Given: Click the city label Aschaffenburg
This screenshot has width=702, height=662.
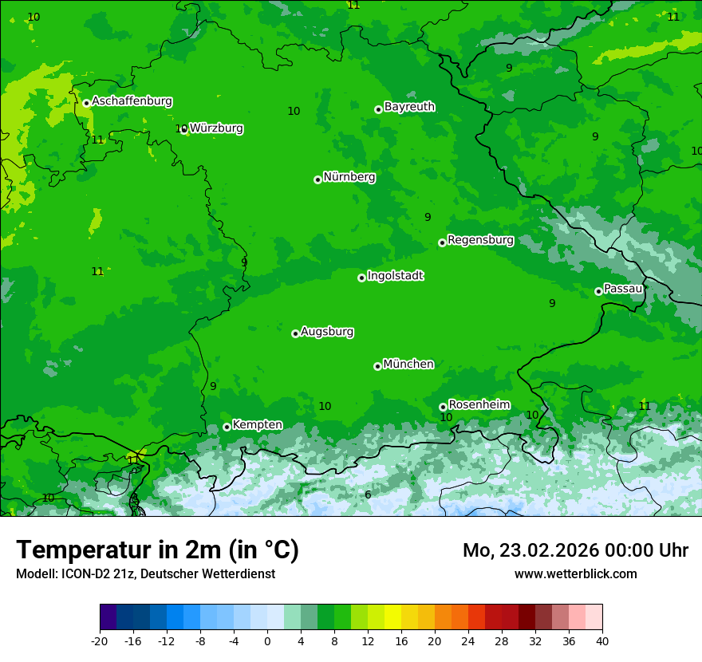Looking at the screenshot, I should click(x=132, y=101).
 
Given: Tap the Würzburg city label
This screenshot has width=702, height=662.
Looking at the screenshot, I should click(x=216, y=128).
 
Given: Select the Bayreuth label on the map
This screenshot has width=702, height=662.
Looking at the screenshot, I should click(x=409, y=106).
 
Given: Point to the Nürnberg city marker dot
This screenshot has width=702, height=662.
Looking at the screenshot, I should click(x=317, y=179).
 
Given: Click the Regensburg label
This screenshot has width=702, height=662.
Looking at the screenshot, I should click(x=480, y=239).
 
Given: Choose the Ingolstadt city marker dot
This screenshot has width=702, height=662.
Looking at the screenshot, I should click(x=361, y=278).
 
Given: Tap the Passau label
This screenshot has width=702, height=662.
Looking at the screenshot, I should click(x=623, y=288).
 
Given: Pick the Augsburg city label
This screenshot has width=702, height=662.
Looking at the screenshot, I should click(x=327, y=331).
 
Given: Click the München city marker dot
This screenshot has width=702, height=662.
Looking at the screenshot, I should click(x=377, y=366).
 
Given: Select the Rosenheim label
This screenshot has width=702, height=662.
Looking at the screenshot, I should click(x=479, y=404).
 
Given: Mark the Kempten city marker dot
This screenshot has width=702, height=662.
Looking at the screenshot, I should click(x=227, y=427).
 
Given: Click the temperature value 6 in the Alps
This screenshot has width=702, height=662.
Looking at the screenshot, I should click(x=368, y=495).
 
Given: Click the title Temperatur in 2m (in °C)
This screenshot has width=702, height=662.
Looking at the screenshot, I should click(x=158, y=550).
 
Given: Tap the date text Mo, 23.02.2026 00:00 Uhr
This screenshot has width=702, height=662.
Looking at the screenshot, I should click(x=575, y=550).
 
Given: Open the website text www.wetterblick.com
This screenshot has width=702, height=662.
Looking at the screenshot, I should click(x=575, y=573).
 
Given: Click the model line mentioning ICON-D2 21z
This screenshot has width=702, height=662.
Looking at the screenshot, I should click(x=145, y=573).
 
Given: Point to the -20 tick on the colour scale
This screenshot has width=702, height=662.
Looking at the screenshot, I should click(x=100, y=640).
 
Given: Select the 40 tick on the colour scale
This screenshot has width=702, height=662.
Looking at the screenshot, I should click(x=602, y=640).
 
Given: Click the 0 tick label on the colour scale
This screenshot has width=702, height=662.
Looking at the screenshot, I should click(x=267, y=640).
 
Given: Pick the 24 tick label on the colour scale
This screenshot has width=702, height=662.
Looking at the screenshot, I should click(x=468, y=640).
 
